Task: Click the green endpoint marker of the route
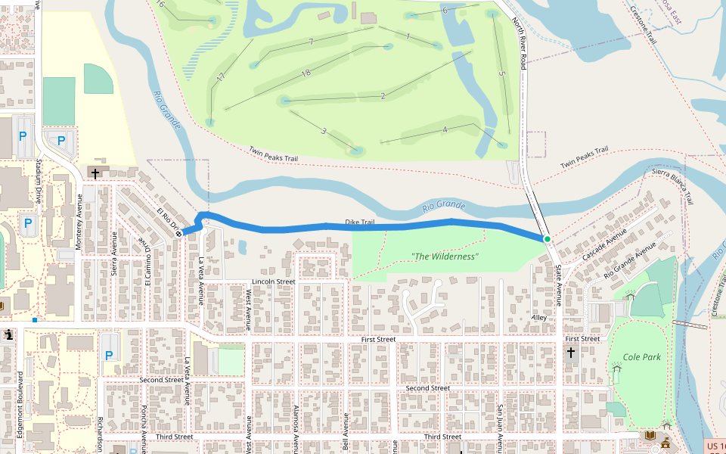click(x=547, y=239)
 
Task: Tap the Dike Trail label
click(x=360, y=222)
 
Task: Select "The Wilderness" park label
click(x=445, y=257)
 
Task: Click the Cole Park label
click(x=641, y=356)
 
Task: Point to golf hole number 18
click(x=306, y=73)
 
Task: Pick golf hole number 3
click(x=324, y=131)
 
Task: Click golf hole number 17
click(x=221, y=77)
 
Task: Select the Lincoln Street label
click(x=274, y=281)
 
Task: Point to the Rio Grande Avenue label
click(x=630, y=260)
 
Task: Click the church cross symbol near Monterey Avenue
click(x=95, y=173)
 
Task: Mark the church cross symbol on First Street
click(x=570, y=353)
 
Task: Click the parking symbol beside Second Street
click(x=108, y=355)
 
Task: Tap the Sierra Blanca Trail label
click(x=673, y=186)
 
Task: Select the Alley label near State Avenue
click(x=538, y=318)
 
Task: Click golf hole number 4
click(x=445, y=129)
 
